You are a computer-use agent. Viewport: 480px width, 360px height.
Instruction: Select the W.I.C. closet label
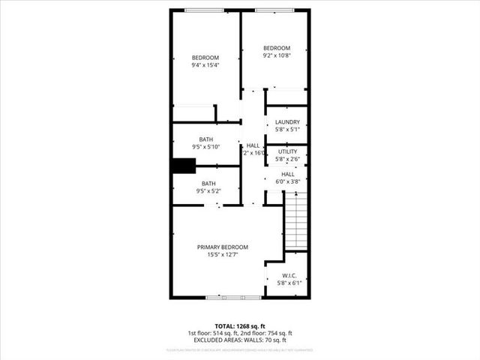tap(287, 275)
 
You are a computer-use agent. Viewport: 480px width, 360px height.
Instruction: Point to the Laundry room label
tap(287, 122)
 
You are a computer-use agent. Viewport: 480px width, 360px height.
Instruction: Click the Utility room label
tap(287, 151)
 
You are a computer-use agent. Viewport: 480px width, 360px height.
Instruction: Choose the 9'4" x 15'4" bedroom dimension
tap(205, 66)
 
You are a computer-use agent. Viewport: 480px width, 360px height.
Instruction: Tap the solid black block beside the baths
tap(183, 166)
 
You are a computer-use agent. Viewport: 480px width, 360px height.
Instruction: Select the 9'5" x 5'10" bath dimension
tap(207, 147)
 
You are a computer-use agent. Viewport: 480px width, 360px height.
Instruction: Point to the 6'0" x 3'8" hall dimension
tap(287, 181)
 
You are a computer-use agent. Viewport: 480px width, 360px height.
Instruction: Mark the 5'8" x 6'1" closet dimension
tap(287, 283)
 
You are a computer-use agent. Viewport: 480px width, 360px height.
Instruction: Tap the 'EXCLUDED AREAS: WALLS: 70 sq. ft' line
tap(240, 340)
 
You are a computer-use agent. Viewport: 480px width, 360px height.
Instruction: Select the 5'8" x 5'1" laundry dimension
tap(287, 130)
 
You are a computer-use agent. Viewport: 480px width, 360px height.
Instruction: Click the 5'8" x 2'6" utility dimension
tap(287, 159)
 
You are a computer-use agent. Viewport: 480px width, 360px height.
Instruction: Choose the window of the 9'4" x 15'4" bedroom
tap(204, 10)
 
